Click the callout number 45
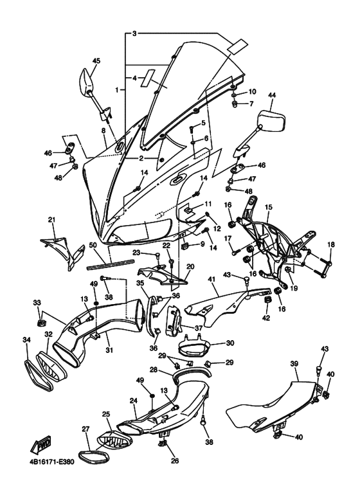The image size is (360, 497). (x=96, y=61)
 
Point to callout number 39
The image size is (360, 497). (x=294, y=364)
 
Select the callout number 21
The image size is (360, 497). (x=52, y=220)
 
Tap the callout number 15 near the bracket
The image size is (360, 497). (x=269, y=208)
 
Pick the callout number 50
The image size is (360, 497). (x=93, y=246)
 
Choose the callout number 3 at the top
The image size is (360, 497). (x=134, y=32)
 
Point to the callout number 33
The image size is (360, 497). (x=37, y=302)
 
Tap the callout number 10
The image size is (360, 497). (x=251, y=91)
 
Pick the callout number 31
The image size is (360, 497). (x=109, y=350)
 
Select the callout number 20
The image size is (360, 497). (x=190, y=266)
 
